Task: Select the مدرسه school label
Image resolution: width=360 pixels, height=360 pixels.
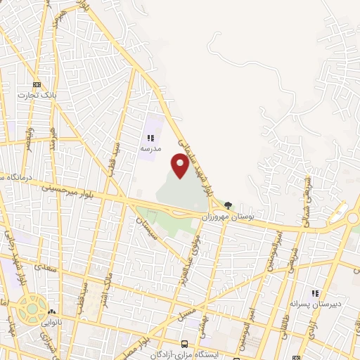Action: (150, 148)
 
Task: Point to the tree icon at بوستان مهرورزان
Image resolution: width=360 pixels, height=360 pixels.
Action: (229, 205)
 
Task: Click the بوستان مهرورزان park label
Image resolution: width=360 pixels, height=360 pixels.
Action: (229, 219)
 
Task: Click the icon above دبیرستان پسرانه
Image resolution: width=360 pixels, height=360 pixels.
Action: (316, 292)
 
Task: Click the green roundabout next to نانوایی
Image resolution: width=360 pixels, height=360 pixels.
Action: (31, 307)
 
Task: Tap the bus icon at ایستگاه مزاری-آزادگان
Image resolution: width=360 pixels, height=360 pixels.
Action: (184, 344)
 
